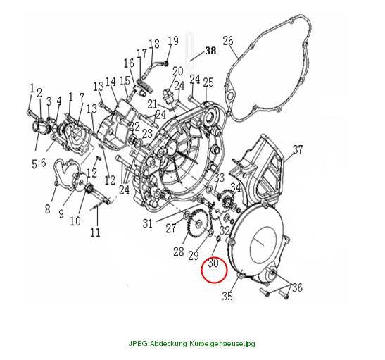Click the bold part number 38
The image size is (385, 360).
point(211,51)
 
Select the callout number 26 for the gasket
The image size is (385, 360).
point(228,41)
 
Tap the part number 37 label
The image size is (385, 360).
point(298,149)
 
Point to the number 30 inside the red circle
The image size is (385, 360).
point(213,263)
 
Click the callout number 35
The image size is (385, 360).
point(227,296)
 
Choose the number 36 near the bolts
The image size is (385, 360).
point(297,287)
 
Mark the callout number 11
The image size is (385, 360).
point(95,232)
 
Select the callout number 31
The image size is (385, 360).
point(148,223)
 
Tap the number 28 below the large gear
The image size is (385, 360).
point(179,252)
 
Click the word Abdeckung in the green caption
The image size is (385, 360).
point(168,343)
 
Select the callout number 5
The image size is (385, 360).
point(34,163)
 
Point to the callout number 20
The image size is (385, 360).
point(178,71)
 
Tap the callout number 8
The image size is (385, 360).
point(47,209)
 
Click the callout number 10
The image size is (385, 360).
point(75,221)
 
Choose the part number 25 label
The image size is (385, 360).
point(208,82)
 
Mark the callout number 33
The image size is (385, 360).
point(220,178)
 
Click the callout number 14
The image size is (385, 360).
point(111,82)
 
